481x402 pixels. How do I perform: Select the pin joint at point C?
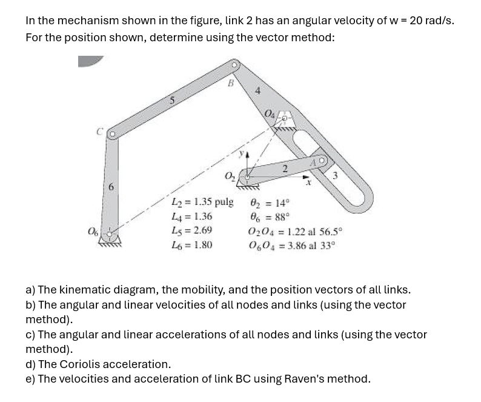(111, 135)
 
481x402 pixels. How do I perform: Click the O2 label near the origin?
(230, 176)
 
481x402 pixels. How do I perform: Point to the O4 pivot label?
(269, 112)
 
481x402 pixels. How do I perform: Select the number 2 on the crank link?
(284, 169)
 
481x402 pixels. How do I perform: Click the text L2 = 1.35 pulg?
(202, 202)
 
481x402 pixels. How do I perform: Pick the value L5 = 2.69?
(192, 231)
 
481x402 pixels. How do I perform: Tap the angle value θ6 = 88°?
(270, 216)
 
